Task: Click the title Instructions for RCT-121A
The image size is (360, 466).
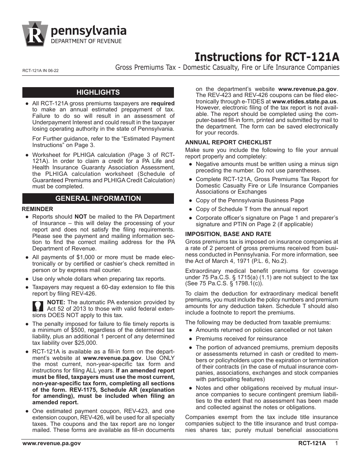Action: coord(267,57)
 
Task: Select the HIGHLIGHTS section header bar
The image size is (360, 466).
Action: coord(98,92)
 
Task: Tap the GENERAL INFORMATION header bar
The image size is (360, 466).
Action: coord(98,199)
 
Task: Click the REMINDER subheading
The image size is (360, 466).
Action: coord(38,209)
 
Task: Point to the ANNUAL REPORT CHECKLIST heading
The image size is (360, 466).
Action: coord(228,142)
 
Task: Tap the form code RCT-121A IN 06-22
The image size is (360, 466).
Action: coord(41,70)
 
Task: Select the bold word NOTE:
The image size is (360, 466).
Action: coord(56,302)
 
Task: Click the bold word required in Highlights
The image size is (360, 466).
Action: coord(163,103)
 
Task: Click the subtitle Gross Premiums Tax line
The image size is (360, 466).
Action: coord(227,68)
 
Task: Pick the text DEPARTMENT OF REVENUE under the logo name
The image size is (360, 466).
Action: coord(86,41)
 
